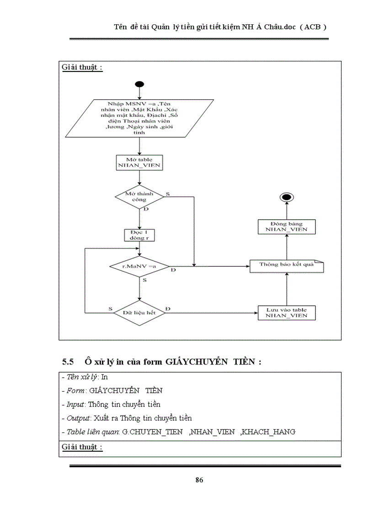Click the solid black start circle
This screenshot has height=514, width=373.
click(139, 85)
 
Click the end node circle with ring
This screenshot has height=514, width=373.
click(287, 197)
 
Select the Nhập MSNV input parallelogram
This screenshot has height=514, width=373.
click(139, 118)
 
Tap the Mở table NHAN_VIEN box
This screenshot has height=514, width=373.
click(139, 162)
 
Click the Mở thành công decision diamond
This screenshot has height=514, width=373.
click(139, 197)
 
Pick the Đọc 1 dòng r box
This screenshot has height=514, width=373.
click(139, 235)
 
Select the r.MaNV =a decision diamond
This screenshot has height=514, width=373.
click(139, 266)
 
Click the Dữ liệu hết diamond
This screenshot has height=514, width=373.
click(139, 313)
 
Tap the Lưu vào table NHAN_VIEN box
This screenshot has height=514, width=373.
click(287, 313)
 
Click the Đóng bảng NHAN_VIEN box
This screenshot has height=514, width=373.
click(287, 227)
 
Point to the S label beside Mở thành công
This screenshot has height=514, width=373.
click(168, 194)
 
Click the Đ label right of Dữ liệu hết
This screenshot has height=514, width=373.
click(168, 309)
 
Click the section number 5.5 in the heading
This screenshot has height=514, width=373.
click(68, 362)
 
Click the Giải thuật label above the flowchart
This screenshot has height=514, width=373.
click(82, 68)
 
